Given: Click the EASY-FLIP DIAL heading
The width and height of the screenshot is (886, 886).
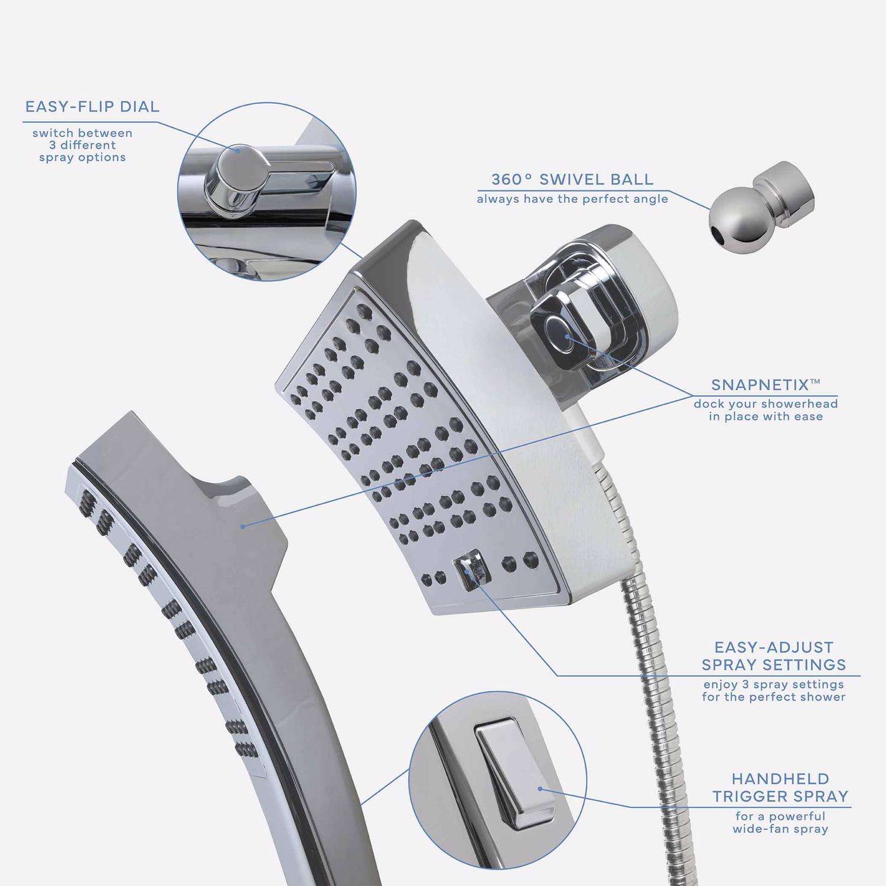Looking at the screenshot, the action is [92, 107].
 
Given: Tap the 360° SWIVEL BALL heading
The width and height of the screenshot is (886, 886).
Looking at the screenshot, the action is [572, 179].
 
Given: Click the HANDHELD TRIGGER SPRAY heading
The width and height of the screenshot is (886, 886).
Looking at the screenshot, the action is [780, 787].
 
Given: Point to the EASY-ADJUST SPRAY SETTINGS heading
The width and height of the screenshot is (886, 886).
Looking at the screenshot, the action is [774, 656].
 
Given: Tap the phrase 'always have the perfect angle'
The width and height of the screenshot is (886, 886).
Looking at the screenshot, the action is [572, 199].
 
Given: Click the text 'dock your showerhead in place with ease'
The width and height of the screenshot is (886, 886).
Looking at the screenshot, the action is [766, 410].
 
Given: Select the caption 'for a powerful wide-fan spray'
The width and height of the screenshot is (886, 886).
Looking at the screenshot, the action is [780, 823].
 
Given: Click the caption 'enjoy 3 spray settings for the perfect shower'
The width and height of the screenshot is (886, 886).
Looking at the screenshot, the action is [774, 690].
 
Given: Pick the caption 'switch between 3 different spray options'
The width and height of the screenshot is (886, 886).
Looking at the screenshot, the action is [83, 145].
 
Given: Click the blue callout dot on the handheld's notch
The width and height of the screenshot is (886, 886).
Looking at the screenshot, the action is [243, 525].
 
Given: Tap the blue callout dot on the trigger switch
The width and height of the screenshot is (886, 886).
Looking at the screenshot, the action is [539, 789].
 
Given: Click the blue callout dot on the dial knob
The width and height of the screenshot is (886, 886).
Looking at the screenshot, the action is [239, 150].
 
